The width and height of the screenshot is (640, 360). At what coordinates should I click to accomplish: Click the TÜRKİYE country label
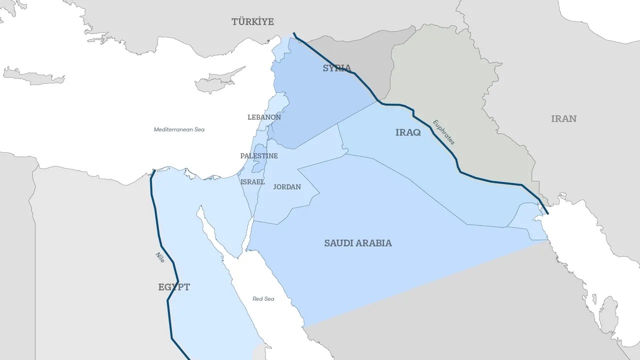[252, 21]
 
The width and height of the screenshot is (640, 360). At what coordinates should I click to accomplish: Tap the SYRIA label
[336, 68]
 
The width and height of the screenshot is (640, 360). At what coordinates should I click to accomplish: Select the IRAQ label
[408, 132]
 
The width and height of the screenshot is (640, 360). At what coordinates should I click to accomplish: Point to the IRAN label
[563, 119]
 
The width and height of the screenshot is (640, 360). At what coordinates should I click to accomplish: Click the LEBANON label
[264, 117]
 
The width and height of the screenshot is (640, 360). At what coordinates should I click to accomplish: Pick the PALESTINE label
[258, 156]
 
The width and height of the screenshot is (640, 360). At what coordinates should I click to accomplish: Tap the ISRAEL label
[252, 182]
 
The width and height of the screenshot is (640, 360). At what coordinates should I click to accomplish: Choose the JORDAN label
[287, 187]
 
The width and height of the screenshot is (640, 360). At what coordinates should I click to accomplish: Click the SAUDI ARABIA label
[358, 243]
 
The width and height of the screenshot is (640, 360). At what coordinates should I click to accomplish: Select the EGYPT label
[174, 287]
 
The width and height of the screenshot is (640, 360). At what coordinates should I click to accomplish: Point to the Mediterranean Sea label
[179, 129]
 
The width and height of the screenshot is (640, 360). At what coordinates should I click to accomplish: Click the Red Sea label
[263, 299]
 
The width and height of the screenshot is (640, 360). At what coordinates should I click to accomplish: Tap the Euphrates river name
[444, 132]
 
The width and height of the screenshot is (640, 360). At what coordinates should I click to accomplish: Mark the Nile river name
[160, 257]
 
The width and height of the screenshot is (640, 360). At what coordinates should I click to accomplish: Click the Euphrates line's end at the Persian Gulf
[547, 213]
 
